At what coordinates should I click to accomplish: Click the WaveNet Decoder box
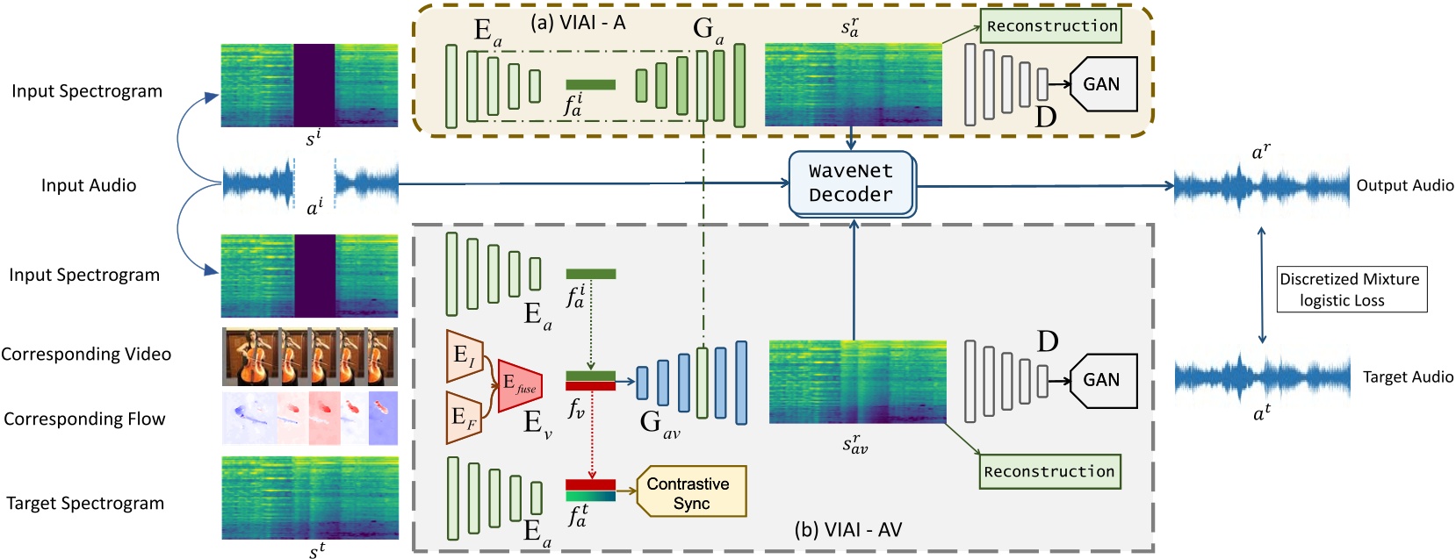tap(850, 183)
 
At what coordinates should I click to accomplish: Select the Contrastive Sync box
tap(691, 492)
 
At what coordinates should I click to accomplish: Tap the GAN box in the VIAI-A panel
tap(1103, 84)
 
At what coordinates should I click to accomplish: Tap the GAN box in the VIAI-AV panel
tap(1103, 380)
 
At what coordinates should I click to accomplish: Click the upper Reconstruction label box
tap(1051, 26)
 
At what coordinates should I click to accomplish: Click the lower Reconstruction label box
tap(1049, 471)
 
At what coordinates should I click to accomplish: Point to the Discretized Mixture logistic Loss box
tap(1351, 290)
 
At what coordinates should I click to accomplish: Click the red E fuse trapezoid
tap(519, 385)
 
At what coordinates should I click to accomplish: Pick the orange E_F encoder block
tap(464, 417)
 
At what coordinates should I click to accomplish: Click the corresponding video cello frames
tap(309, 356)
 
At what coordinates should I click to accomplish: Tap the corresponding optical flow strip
tap(309, 419)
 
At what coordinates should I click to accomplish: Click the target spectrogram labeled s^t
tap(309, 498)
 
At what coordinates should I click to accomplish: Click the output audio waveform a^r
tap(1261, 186)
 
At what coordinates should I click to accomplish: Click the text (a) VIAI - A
tap(578, 23)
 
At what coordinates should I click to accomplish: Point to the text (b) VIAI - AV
tap(847, 529)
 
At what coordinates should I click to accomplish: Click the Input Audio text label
tap(89, 185)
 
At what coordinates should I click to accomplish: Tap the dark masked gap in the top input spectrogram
tap(314, 85)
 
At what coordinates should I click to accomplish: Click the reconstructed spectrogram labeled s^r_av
tap(857, 382)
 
